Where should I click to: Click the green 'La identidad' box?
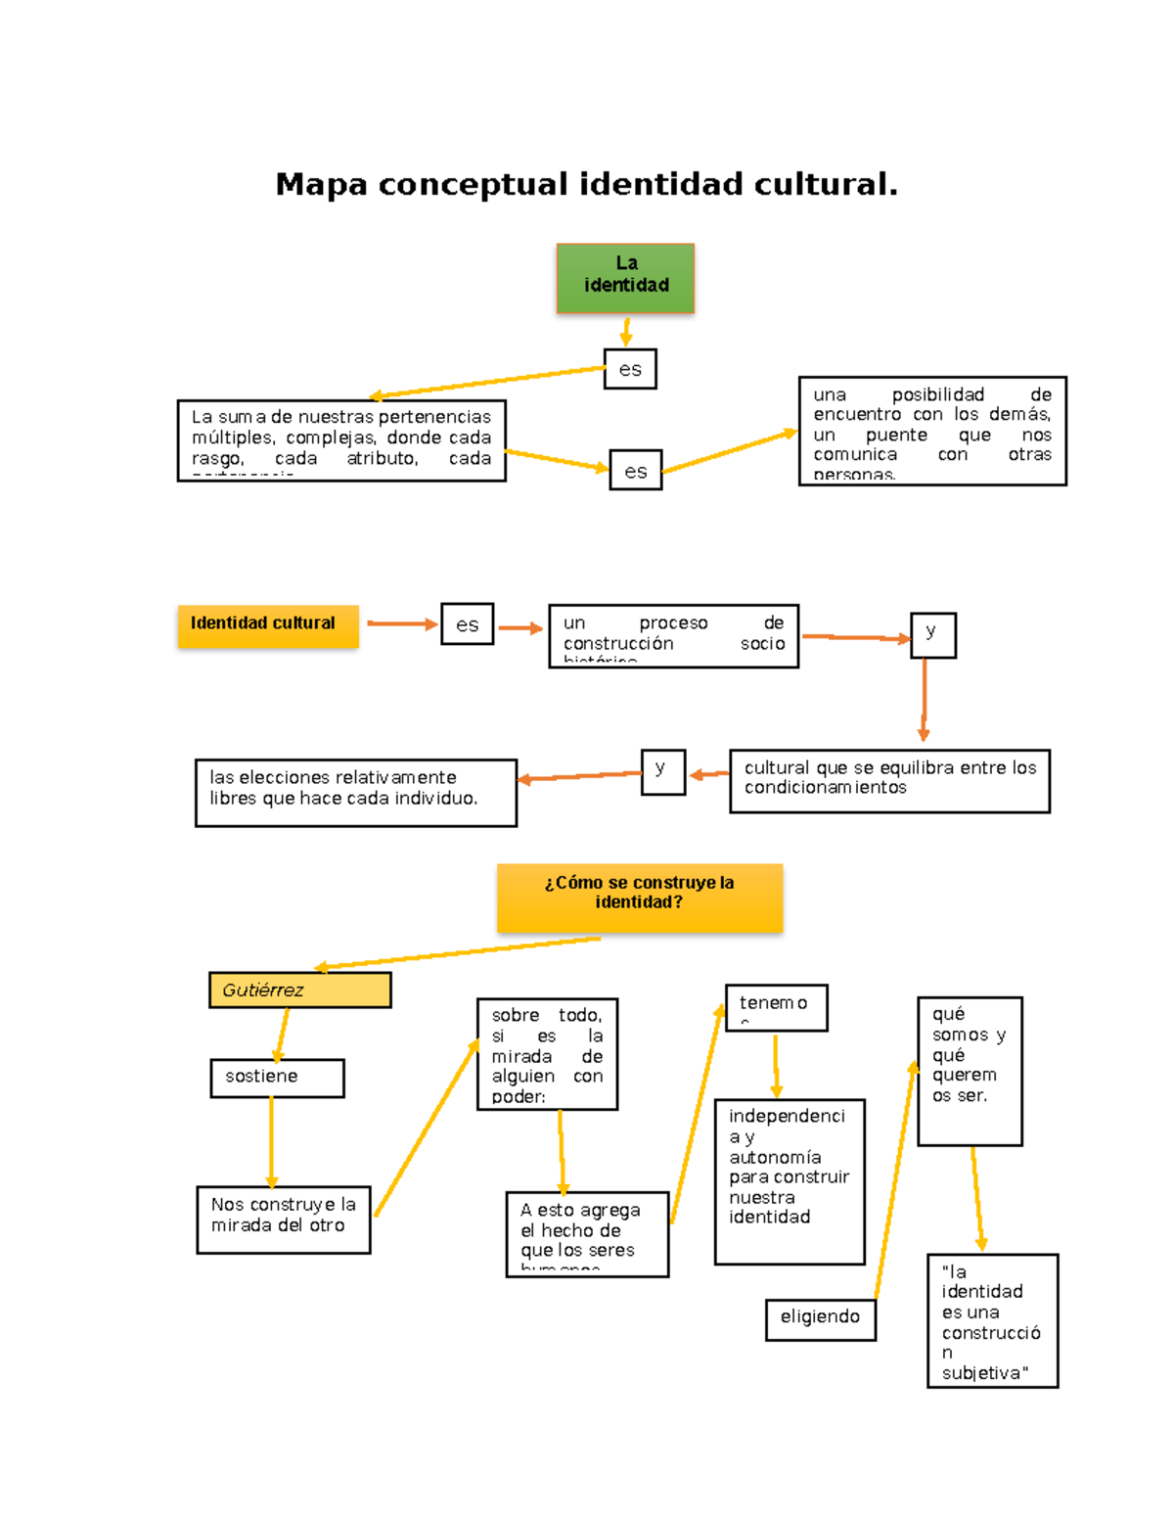pos(625,278)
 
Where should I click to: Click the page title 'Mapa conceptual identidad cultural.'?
pos(586,184)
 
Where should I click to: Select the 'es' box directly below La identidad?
pos(630,369)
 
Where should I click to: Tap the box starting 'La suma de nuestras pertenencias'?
pos(341,440)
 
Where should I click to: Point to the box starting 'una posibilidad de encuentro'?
pos(931,432)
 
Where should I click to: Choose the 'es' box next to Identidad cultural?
pos(467,624)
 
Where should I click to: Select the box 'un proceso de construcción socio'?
pos(673,636)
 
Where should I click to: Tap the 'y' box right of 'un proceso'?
pos(932,635)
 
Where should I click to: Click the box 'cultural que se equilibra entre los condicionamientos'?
pos(889,781)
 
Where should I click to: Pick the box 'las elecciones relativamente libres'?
pos(356,793)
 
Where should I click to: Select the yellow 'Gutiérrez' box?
pos(299,990)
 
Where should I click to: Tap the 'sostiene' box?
pos(277,1078)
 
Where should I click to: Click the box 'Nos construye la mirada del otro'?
pos(283,1219)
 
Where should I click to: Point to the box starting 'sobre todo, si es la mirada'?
pos(547,1054)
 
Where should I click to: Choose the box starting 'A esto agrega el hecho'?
pos(587,1233)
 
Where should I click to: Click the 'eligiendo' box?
pos(820,1319)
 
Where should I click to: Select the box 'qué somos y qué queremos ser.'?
pos(970,1071)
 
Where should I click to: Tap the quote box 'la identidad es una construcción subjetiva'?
pos(992,1320)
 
